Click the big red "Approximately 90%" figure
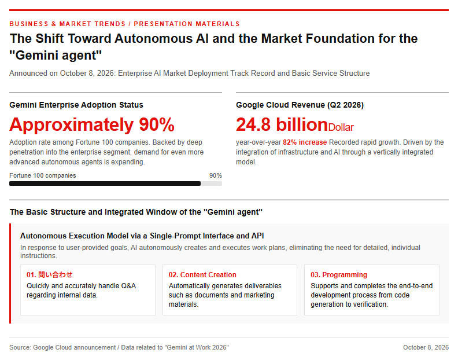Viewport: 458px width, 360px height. click(92, 125)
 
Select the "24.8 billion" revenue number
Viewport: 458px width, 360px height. click(282, 124)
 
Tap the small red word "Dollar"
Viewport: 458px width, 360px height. click(341, 127)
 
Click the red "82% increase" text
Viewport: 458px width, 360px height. click(305, 142)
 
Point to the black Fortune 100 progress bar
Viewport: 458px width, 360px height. click(105, 183)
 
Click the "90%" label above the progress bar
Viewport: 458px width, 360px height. click(216, 175)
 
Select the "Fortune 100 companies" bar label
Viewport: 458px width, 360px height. click(43, 175)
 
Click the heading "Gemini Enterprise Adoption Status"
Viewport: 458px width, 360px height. click(76, 105)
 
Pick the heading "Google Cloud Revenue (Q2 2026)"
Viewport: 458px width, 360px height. click(300, 105)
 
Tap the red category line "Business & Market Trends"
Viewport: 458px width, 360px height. click(68, 24)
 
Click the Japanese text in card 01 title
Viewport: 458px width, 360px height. click(55, 274)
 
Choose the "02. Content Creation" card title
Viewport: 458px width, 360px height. click(202, 275)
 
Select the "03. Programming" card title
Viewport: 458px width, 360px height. click(339, 275)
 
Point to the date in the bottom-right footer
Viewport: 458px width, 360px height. click(426, 347)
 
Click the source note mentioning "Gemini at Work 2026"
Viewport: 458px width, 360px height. click(119, 347)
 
